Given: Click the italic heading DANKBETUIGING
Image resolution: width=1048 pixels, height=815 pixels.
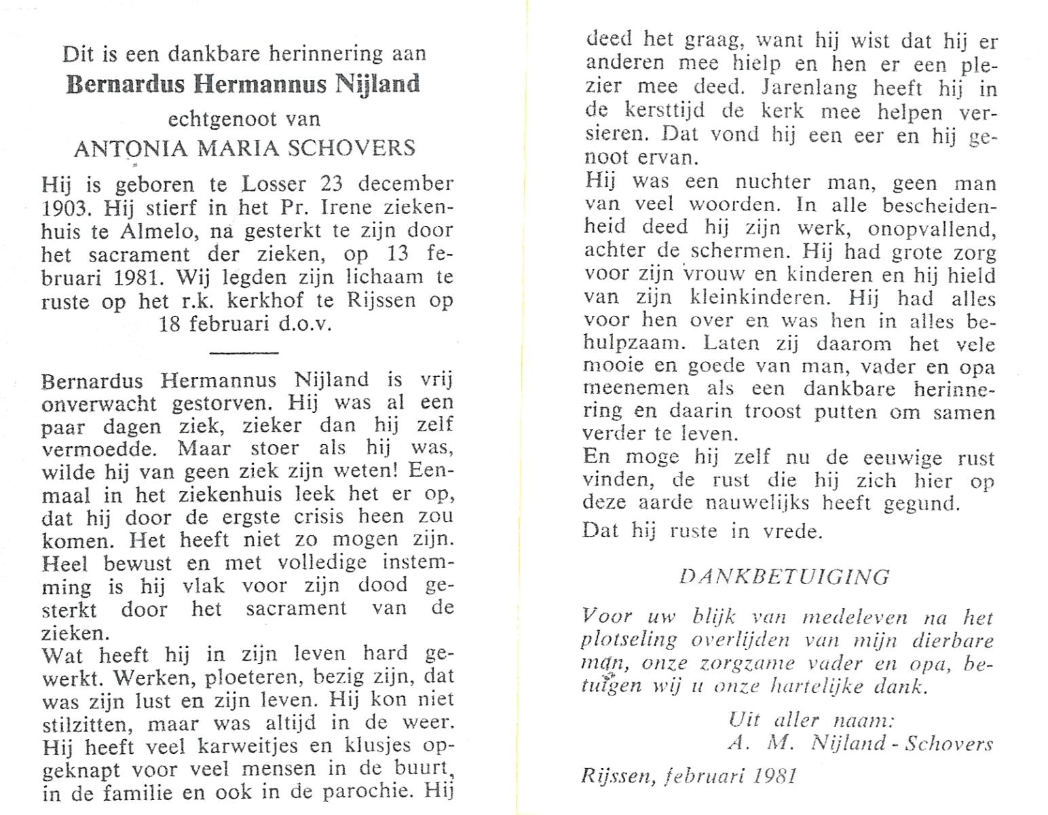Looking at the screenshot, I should pos(784,577).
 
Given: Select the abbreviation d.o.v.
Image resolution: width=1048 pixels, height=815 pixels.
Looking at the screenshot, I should pos(305,323).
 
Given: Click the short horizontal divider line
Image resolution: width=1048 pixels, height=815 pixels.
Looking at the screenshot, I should pos(244,352).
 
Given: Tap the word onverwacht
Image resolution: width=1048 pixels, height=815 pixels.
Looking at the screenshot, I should pos(99,403).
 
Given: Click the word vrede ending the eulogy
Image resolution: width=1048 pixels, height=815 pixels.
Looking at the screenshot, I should pos(791,530).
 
